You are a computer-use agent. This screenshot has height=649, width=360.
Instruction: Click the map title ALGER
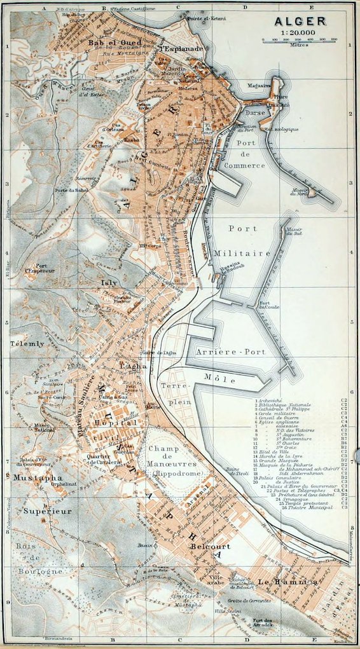301,22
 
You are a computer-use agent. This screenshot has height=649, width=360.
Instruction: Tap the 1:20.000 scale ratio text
301,32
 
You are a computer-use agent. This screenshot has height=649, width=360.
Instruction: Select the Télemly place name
28,344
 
